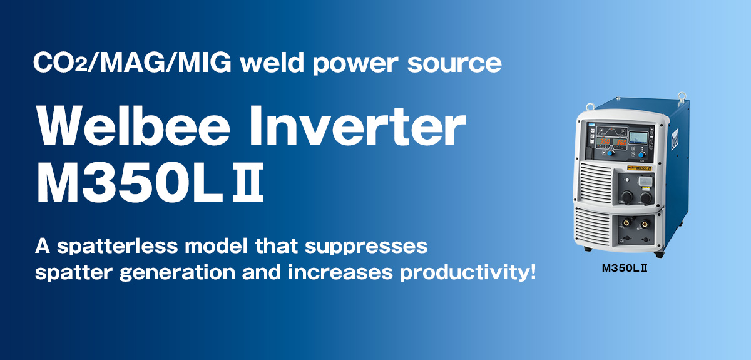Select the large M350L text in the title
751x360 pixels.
[x=130, y=183]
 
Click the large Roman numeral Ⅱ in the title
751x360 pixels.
[x=248, y=183]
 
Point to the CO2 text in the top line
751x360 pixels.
[x=60, y=63]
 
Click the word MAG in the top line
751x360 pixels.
[x=133, y=63]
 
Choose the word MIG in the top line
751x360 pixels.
[x=205, y=63]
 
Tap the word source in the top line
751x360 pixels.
[x=454, y=64]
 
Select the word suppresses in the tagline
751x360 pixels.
[x=366, y=247]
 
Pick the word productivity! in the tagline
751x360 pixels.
[x=468, y=272]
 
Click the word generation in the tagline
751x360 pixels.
[x=177, y=273]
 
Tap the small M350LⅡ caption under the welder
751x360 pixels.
[x=625, y=268]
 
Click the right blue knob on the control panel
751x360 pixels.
[x=641, y=155]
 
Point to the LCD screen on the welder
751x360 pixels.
[x=638, y=138]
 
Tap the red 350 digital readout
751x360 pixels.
[x=605, y=141]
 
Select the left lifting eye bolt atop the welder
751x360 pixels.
[x=590, y=107]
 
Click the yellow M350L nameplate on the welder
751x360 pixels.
[x=639, y=168]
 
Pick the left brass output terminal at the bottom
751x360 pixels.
[x=626, y=222]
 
